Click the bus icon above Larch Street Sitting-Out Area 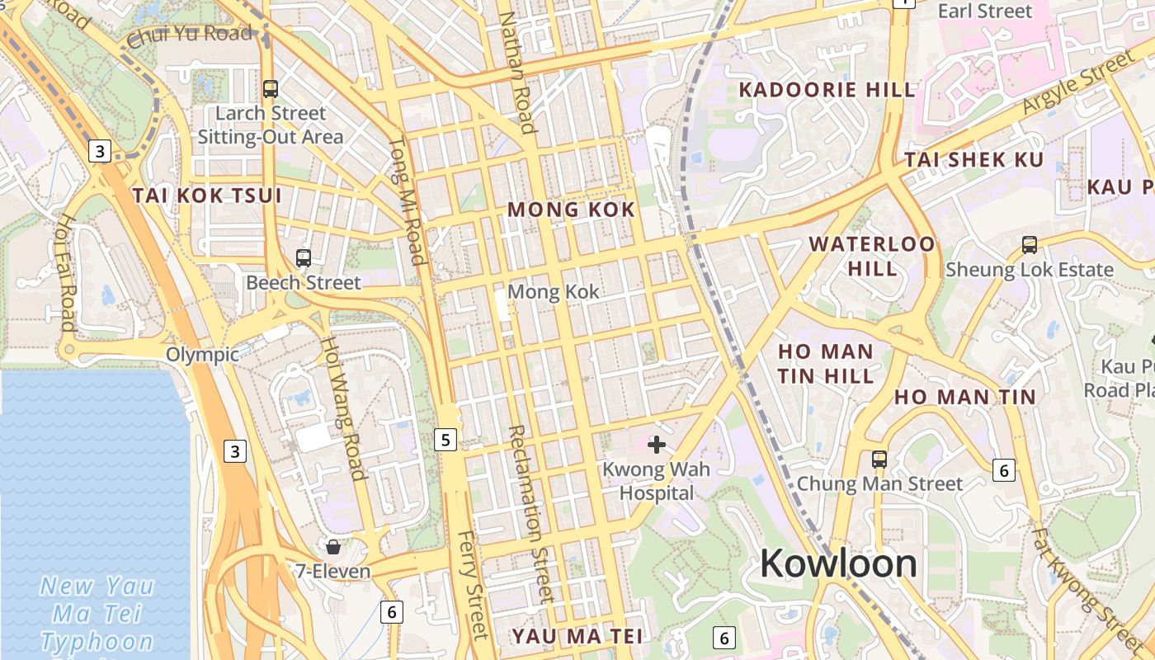click(x=271, y=89)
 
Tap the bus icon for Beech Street click(x=304, y=258)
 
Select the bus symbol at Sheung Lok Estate click(x=1030, y=245)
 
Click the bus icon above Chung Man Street click(x=879, y=460)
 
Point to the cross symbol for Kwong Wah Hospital click(x=657, y=445)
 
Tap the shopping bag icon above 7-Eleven click(x=333, y=546)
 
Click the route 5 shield click(x=445, y=440)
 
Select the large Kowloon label click(x=838, y=564)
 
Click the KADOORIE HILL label click(x=827, y=90)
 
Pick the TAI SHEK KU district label click(x=974, y=160)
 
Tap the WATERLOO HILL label click(x=873, y=256)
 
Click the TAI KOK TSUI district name click(x=207, y=196)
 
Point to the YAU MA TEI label click(x=577, y=636)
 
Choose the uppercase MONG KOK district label click(x=571, y=210)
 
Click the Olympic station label click(x=202, y=355)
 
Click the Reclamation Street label click(x=529, y=511)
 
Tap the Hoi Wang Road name click(x=342, y=408)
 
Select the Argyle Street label click(x=1078, y=82)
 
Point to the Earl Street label click(x=985, y=11)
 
